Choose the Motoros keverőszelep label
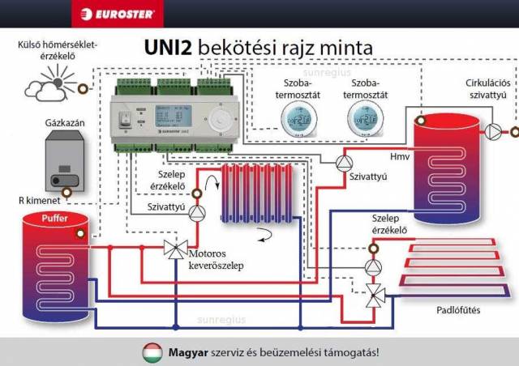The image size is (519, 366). pos(214,258)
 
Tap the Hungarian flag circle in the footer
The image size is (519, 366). pos(152,352)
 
